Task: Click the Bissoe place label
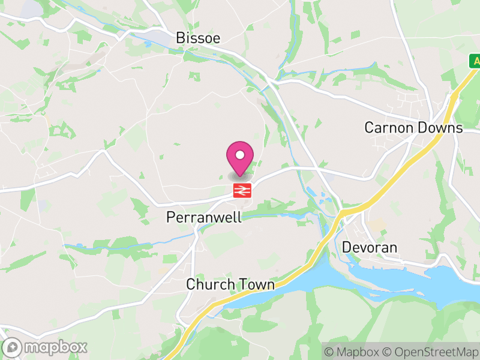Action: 198,38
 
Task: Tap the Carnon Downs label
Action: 414,128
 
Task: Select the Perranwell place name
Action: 203,217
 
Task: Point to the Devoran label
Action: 370,247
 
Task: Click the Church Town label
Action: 230,284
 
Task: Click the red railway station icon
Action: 242,191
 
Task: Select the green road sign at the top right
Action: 475,61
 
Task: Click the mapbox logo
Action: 46,347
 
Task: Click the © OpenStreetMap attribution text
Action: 430,352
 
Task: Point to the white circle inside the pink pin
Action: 240,155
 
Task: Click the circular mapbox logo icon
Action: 12,347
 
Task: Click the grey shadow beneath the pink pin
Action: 240,175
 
